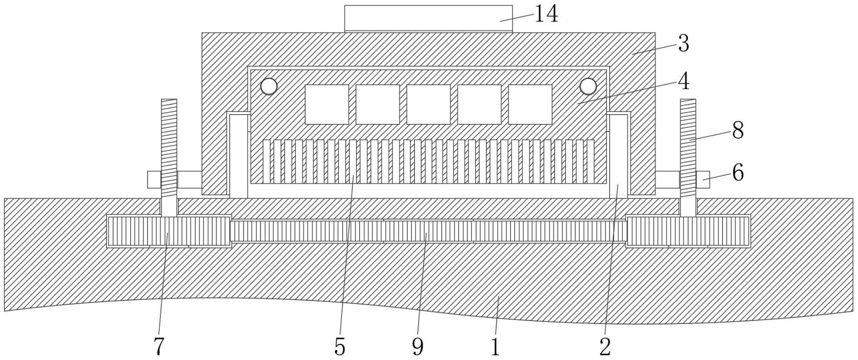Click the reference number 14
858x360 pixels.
coord(546,14)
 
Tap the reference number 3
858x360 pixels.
coord(683,44)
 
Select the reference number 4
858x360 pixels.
coord(683,81)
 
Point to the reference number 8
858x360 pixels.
coord(737,131)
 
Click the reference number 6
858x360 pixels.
coord(738,172)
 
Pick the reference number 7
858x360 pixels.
coord(159,346)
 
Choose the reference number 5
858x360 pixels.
coord(340,346)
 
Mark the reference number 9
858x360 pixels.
coord(418,346)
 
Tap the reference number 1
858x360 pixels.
coord(495,346)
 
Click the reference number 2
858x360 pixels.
coord(605,346)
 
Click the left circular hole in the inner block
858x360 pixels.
coord(269,86)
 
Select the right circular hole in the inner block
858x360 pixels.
coord(588,86)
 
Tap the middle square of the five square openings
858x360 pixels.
coord(429,105)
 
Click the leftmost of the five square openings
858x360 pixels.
coord(327,105)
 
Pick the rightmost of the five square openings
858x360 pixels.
coord(530,105)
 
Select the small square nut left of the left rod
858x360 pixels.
coord(154,180)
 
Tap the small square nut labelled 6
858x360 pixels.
coord(703,180)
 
